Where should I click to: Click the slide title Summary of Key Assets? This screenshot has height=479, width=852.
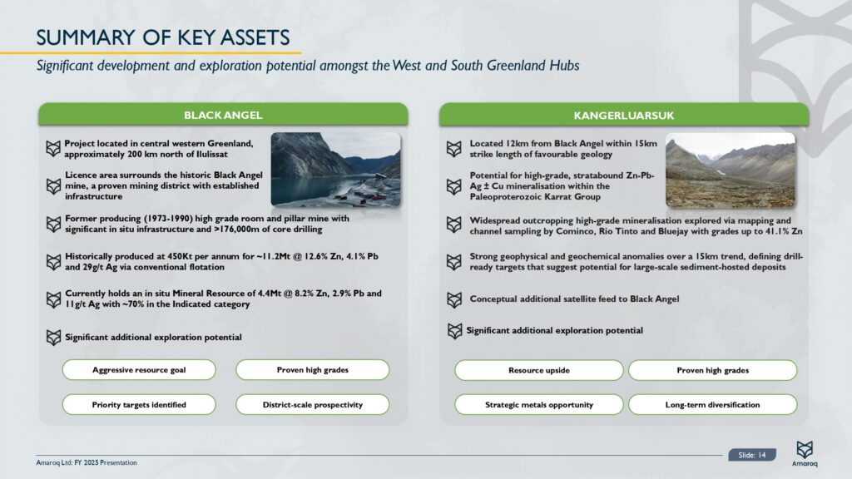163,37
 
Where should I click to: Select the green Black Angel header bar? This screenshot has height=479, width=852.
223,115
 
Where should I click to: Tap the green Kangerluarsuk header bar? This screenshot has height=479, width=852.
624,115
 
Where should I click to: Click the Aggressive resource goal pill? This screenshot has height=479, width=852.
139,370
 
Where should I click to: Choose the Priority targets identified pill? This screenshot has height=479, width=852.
139,405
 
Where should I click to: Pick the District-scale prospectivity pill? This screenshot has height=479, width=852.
313,405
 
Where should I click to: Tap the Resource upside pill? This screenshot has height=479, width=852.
538,370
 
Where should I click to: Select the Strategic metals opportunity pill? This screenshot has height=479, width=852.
538,405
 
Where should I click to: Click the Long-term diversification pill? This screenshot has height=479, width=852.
712,405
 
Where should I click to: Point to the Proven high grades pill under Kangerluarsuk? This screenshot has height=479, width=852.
712,370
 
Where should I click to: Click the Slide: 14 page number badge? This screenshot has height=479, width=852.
751,454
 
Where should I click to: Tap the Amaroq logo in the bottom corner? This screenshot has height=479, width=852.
805,454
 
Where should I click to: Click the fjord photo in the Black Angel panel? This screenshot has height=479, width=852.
335,169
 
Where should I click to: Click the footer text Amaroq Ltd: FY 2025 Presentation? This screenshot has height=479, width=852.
87,462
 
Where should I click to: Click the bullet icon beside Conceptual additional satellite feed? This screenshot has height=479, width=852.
454,299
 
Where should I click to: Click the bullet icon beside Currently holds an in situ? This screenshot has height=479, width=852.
53,299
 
